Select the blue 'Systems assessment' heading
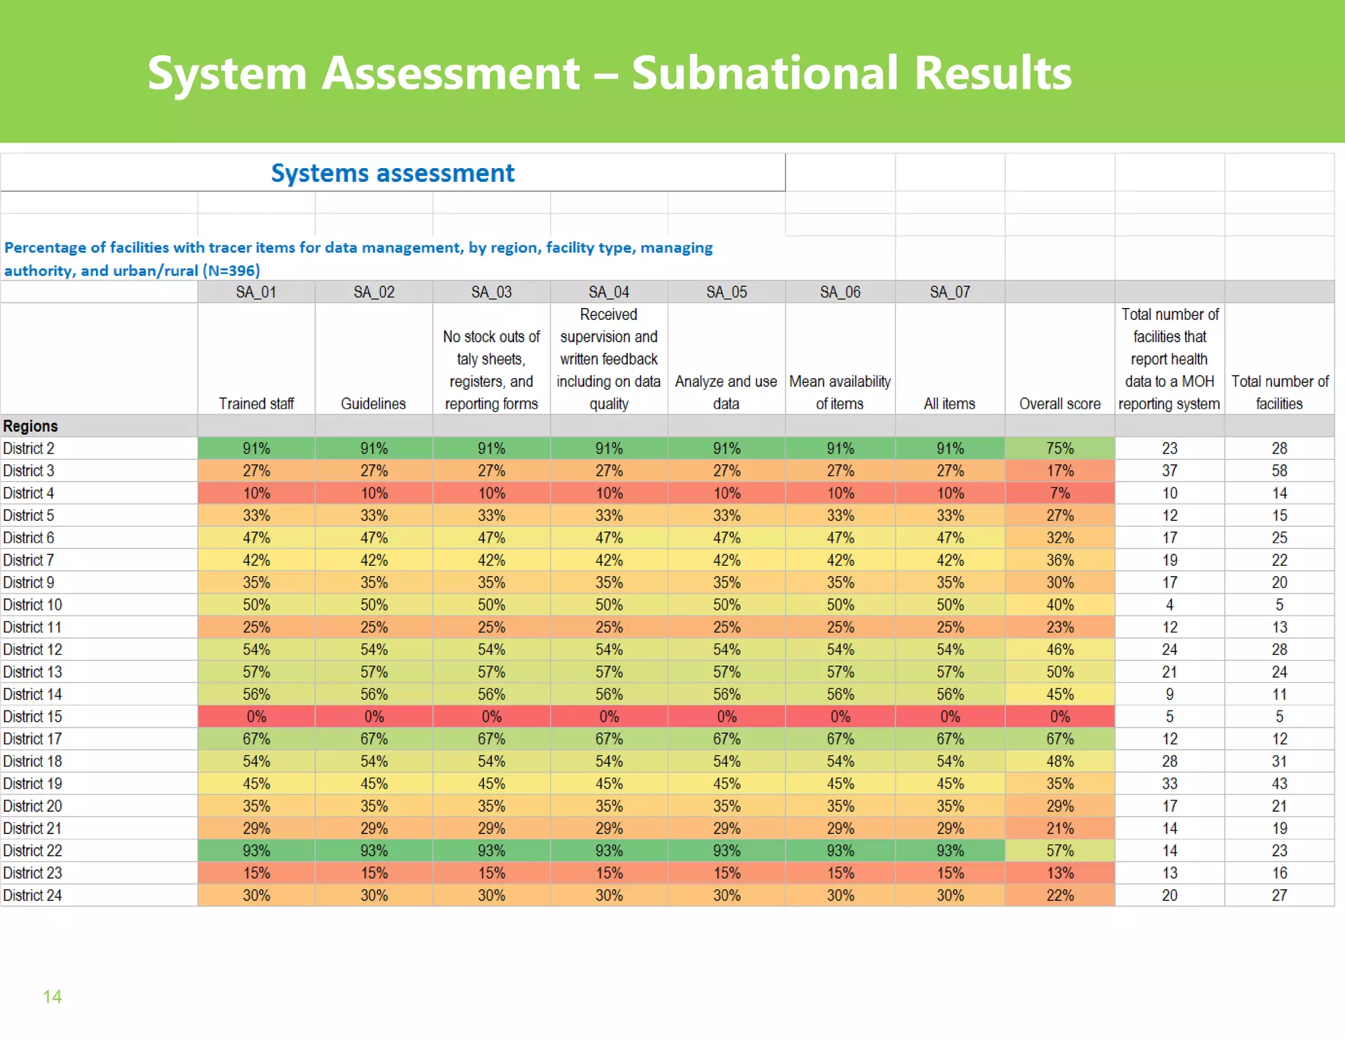point(393,173)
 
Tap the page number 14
point(53,997)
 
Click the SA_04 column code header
point(609,292)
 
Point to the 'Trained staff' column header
point(256,404)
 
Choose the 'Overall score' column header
point(1059,404)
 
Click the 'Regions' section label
point(31,426)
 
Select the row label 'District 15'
point(33,717)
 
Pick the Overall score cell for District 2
point(1059,449)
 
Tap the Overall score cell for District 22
point(1059,851)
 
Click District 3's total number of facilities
point(1279,471)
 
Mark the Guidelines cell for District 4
point(374,493)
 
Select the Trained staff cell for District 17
point(256,739)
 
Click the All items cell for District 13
point(950,672)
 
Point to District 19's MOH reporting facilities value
point(1169,784)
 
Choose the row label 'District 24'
point(33,895)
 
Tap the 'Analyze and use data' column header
point(726,393)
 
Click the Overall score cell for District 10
point(1059,605)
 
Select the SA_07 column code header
point(950,292)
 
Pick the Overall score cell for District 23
point(1059,873)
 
